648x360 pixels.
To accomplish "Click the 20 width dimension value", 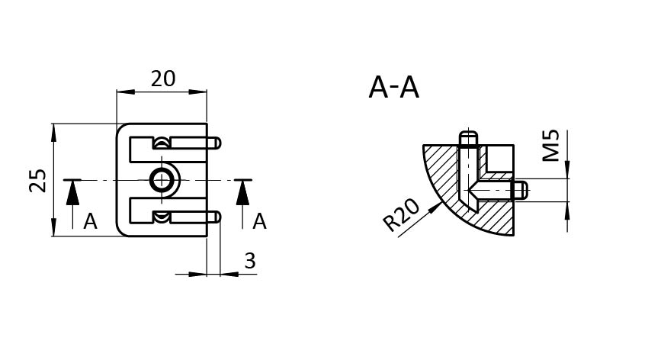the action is [163, 79].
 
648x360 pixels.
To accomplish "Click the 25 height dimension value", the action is [38, 180].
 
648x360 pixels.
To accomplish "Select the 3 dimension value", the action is [250, 261].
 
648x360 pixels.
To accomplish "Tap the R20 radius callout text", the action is [401, 216].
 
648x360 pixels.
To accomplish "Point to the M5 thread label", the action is [551, 146].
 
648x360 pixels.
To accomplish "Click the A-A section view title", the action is [394, 88].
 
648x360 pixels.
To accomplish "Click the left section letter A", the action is [90, 222].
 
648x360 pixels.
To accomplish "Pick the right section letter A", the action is [259, 222].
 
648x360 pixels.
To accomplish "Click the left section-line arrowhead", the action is [72, 193].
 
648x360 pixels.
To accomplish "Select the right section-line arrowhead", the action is [242, 193].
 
